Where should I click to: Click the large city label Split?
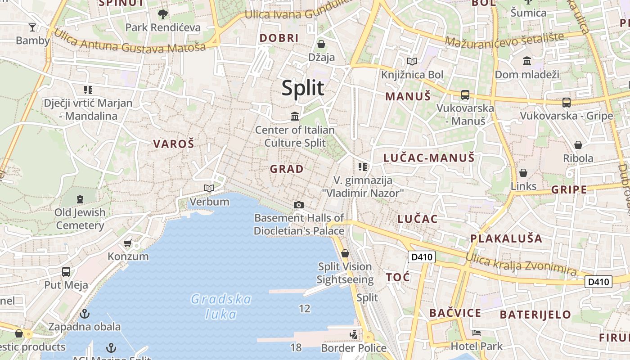tap(303, 88)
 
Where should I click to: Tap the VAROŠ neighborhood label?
tap(174, 144)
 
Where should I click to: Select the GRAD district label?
tap(287, 169)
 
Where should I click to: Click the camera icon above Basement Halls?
tap(298, 205)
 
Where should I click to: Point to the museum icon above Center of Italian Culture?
tap(295, 117)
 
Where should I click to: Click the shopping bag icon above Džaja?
tap(321, 44)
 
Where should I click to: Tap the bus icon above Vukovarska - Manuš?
tap(465, 95)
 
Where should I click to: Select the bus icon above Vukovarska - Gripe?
tap(567, 103)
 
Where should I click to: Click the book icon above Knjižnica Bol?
tap(412, 61)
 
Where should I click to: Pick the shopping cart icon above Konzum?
tap(128, 243)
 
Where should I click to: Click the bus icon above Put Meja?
tap(66, 272)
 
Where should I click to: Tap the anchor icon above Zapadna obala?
tap(85, 314)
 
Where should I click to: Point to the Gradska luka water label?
tap(221, 306)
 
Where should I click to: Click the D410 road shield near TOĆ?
tap(422, 257)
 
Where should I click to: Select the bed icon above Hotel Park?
tap(477, 333)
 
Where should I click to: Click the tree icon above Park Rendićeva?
tap(162, 14)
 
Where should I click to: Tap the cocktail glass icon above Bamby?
tap(32, 27)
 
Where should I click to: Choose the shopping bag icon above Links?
tap(523, 173)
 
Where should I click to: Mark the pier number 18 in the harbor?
tap(296, 347)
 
